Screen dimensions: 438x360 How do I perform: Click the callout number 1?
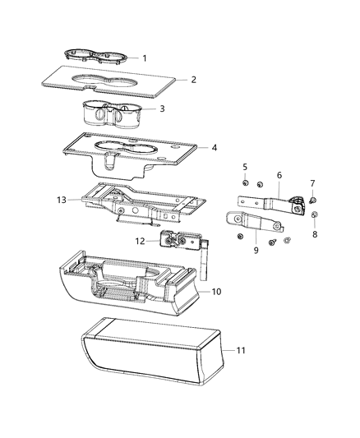point(144,58)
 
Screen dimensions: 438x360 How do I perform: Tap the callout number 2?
point(193,80)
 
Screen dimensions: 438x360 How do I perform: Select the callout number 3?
point(162,108)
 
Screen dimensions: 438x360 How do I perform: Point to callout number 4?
point(214,148)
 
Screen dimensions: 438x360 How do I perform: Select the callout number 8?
point(315,233)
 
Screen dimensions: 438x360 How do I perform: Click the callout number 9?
point(256,250)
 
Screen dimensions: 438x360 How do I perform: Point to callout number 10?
point(216,292)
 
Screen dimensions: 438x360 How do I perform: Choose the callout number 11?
point(239,351)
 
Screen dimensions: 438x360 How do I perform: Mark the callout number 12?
point(140,241)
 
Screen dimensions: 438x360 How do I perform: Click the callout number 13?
point(60,199)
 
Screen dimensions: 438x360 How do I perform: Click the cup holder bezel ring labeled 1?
point(97,56)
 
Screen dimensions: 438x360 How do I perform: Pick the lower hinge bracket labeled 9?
point(255,222)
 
